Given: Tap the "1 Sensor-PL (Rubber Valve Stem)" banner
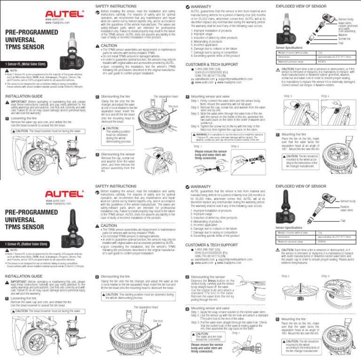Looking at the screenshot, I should [x=27, y=244].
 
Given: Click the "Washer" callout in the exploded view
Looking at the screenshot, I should [x=343, y=34].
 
